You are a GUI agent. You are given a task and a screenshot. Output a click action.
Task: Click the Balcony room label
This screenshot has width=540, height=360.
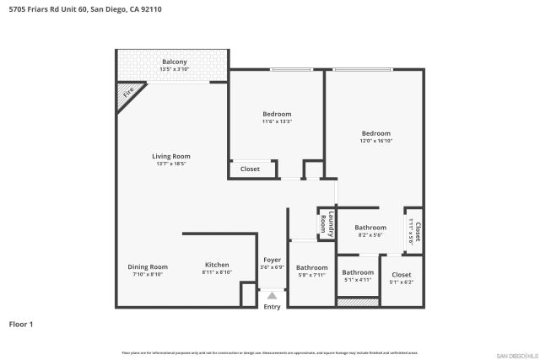coord(174,62)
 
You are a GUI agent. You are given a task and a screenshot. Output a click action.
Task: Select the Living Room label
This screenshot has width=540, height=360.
coord(171,156)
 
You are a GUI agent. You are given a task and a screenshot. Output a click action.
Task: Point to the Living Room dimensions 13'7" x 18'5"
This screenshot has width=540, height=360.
coord(171,164)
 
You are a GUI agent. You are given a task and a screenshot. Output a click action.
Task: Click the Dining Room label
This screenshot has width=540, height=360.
coord(148,266)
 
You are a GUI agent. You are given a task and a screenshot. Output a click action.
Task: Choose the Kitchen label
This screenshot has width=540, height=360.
coord(217,265)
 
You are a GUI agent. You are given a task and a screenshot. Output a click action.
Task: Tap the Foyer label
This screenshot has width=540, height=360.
coord(272,260)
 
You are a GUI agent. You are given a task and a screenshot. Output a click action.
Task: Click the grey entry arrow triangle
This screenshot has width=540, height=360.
coord(272,296)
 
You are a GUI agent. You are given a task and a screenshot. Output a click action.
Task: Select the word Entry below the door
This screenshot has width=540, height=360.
coord(272,307)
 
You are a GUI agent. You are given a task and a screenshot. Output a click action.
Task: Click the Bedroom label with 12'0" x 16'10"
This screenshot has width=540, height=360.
coord(376,133)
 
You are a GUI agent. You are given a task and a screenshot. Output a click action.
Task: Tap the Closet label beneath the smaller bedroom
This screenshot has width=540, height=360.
coord(251,169)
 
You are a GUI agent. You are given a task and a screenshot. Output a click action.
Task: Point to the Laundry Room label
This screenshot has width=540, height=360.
coord(324,224)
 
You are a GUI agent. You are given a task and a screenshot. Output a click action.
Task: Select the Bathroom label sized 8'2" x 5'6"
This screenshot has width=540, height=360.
coord(370,228)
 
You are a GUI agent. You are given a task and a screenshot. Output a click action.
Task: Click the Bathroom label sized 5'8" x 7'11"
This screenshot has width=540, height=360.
coord(311,267)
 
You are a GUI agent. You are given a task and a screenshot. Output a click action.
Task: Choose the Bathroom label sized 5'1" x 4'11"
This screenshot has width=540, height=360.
coord(358,272)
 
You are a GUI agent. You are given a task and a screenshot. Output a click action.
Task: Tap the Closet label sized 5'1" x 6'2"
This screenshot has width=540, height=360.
coord(402,275)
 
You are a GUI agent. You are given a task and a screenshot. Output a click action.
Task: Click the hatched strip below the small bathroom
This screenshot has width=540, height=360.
coord(358,302)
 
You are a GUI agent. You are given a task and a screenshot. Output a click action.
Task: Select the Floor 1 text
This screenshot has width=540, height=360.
coord(20,324)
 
